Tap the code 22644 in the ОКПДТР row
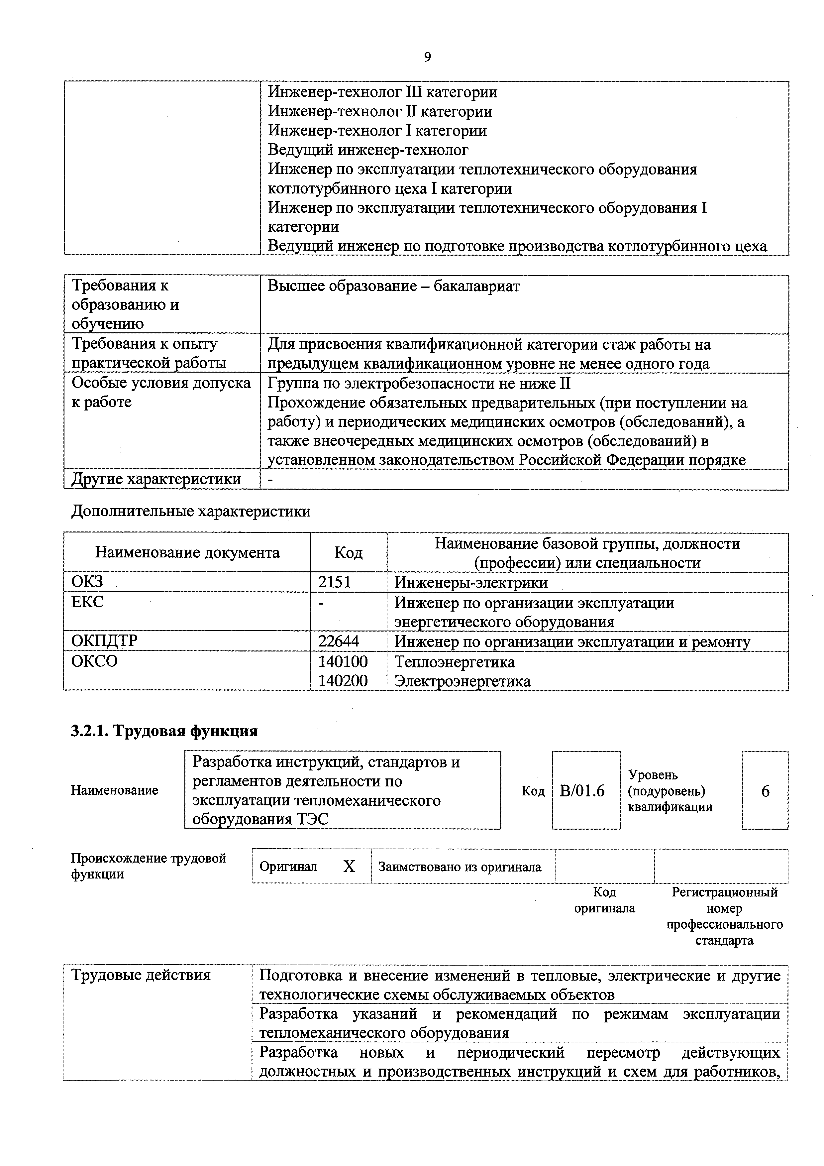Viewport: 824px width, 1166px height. pos(338,641)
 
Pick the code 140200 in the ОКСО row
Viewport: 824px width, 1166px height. pos(343,680)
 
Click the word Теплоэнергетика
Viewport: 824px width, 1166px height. pos(455,662)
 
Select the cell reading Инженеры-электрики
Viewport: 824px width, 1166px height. pos(470,582)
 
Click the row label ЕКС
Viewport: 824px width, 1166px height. pos(87,602)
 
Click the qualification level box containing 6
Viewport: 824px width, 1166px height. pos(765,791)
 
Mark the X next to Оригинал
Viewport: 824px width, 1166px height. pos(349,867)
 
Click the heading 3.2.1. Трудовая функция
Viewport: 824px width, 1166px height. pos(164,731)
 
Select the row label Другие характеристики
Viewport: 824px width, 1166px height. pos(156,479)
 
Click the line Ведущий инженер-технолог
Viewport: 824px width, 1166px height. pos(368,150)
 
